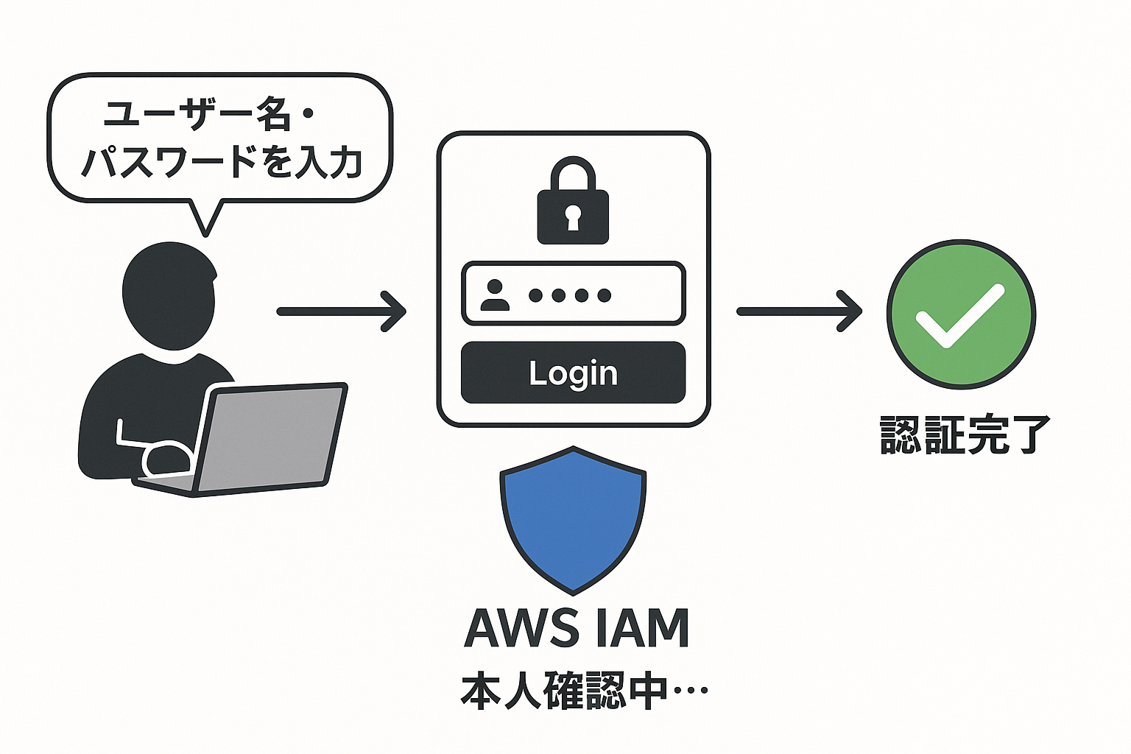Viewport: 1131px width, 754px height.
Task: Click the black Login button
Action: [x=573, y=373]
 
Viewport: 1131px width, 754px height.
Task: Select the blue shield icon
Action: [x=573, y=519]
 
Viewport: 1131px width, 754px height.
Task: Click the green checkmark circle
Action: [x=961, y=314]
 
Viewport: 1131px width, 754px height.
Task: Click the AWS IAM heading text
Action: [x=577, y=629]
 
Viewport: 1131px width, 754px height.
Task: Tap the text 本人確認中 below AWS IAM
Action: [x=563, y=691]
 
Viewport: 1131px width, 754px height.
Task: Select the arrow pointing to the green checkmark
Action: [x=799, y=311]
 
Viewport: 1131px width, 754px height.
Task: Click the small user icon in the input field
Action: [x=494, y=295]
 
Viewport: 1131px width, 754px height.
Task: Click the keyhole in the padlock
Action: [x=573, y=218]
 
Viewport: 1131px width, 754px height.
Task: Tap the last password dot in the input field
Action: [x=605, y=295]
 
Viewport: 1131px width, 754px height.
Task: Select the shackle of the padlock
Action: [x=573, y=174]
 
